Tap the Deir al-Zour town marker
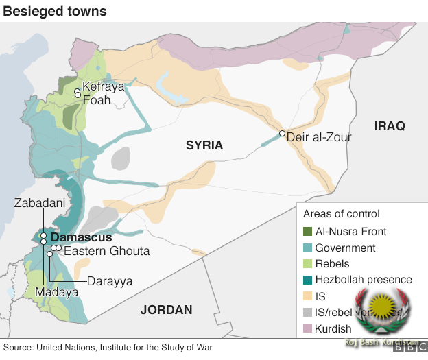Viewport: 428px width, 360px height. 282,133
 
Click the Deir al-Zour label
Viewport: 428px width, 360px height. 319,138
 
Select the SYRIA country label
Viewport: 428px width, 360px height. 204,145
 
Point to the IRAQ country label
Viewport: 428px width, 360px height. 390,126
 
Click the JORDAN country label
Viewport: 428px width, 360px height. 167,310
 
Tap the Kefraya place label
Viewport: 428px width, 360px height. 103,87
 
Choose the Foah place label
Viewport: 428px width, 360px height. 96,100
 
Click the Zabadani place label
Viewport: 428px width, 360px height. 40,203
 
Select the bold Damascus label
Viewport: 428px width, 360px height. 82,237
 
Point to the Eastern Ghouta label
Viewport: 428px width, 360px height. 106,251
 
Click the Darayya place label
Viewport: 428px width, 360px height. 110,281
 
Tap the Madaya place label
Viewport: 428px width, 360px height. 57,292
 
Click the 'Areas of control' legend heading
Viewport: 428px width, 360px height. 341,214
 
